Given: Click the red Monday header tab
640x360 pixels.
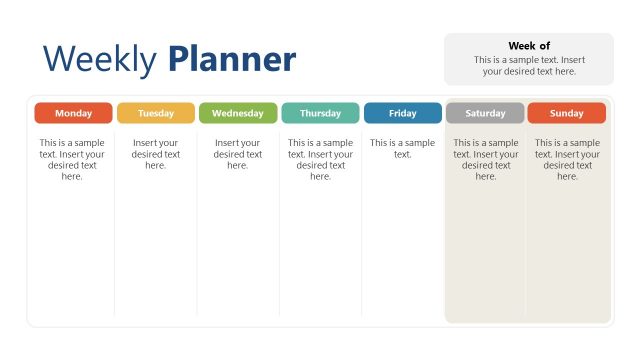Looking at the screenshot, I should click(73, 113).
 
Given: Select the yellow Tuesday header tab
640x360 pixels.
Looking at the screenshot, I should click(155, 113).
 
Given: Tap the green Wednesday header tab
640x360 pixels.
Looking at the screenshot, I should click(238, 113).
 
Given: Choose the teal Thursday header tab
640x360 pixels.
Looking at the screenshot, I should click(320, 113).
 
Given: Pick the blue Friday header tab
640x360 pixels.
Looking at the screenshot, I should click(402, 113).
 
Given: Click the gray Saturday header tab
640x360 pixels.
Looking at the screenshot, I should click(485, 113).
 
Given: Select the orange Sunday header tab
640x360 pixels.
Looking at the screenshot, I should click(567, 113).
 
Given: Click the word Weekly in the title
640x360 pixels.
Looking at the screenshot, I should click(99, 60).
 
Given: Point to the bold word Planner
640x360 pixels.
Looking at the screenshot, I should click(232, 60).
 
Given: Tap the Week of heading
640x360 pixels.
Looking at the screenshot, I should click(529, 46).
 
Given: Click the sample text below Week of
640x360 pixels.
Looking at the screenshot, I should click(529, 65).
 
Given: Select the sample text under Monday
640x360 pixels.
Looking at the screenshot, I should click(73, 159).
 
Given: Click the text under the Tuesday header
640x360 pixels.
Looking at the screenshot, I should click(155, 154).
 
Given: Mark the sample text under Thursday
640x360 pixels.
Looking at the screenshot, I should click(320, 159).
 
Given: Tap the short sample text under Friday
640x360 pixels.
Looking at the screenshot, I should click(402, 148).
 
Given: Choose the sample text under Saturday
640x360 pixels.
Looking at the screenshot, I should click(485, 159).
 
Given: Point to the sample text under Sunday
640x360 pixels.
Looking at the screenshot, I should click(567, 159).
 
